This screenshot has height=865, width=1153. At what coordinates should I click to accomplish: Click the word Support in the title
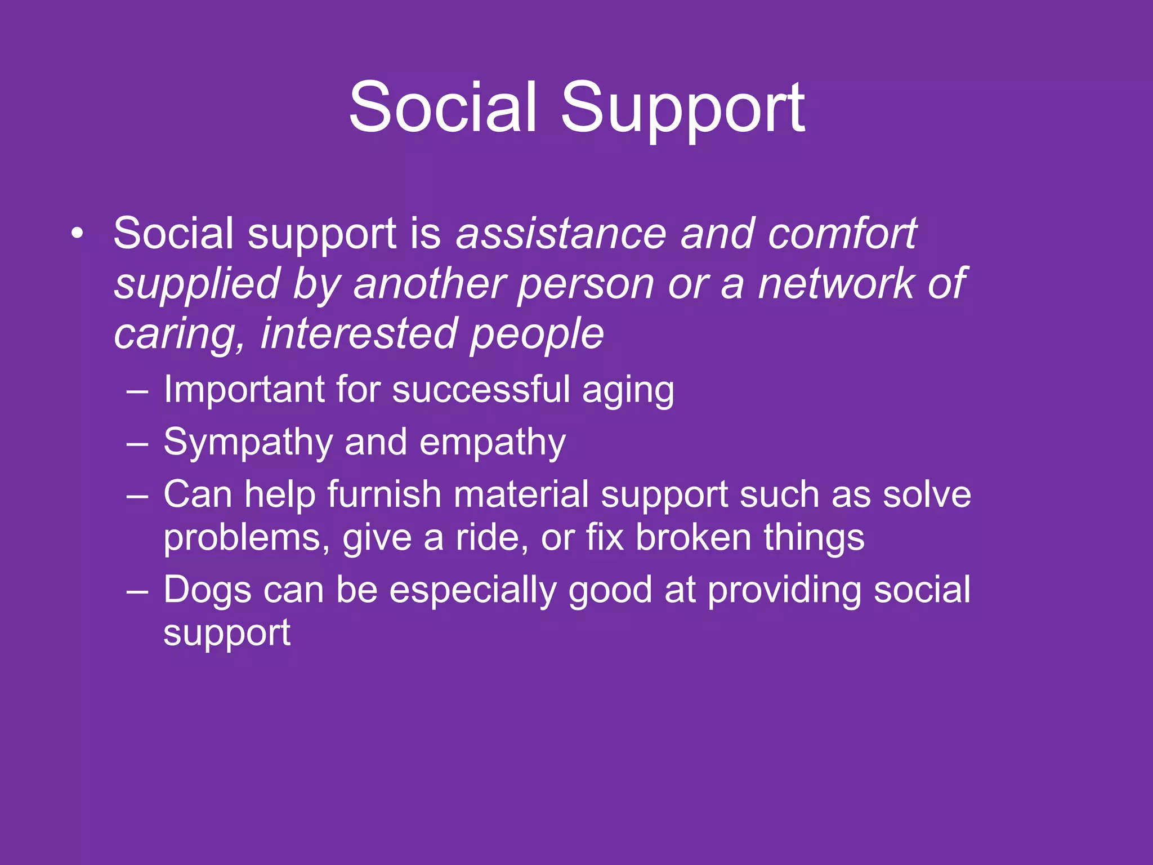[682, 108]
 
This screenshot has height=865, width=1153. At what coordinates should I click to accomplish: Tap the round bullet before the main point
[78, 233]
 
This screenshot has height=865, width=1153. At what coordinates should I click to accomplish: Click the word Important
[244, 390]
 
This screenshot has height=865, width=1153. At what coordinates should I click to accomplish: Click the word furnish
[384, 494]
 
